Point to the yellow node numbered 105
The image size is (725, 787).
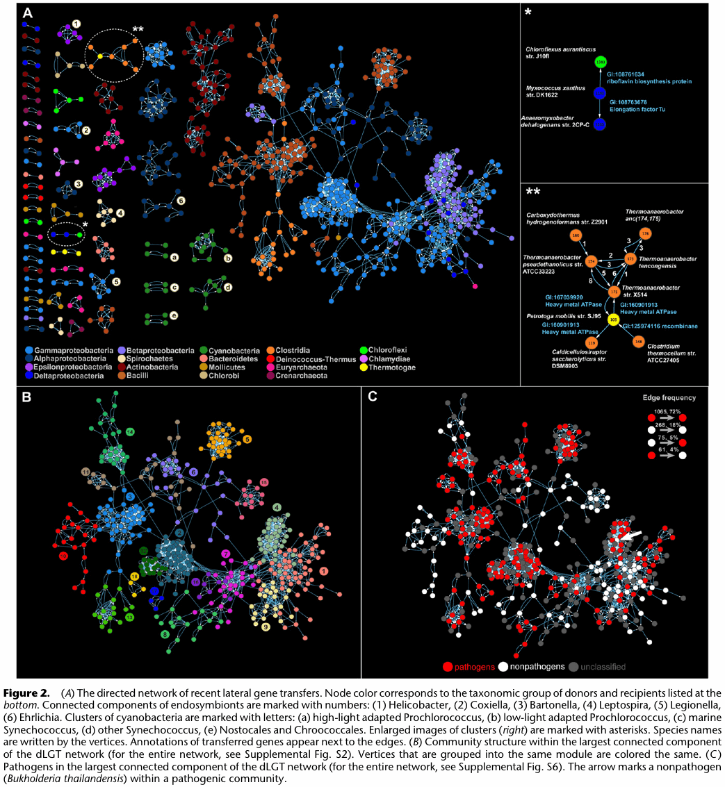point(613,320)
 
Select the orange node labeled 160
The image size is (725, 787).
point(575,236)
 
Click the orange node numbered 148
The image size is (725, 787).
point(637,342)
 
